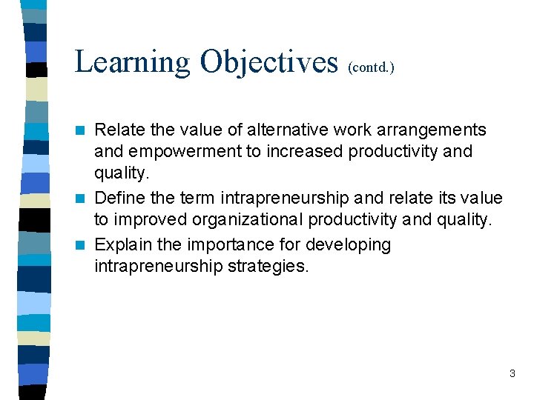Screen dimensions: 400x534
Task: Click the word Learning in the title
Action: point(131,62)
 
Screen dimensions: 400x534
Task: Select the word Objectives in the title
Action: point(268,62)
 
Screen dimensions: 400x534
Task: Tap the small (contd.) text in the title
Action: point(371,67)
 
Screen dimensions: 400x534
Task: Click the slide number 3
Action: point(512,374)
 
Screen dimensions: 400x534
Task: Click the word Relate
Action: point(120,130)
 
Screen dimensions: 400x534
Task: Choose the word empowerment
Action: point(180,152)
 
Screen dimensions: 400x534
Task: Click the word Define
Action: point(120,199)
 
